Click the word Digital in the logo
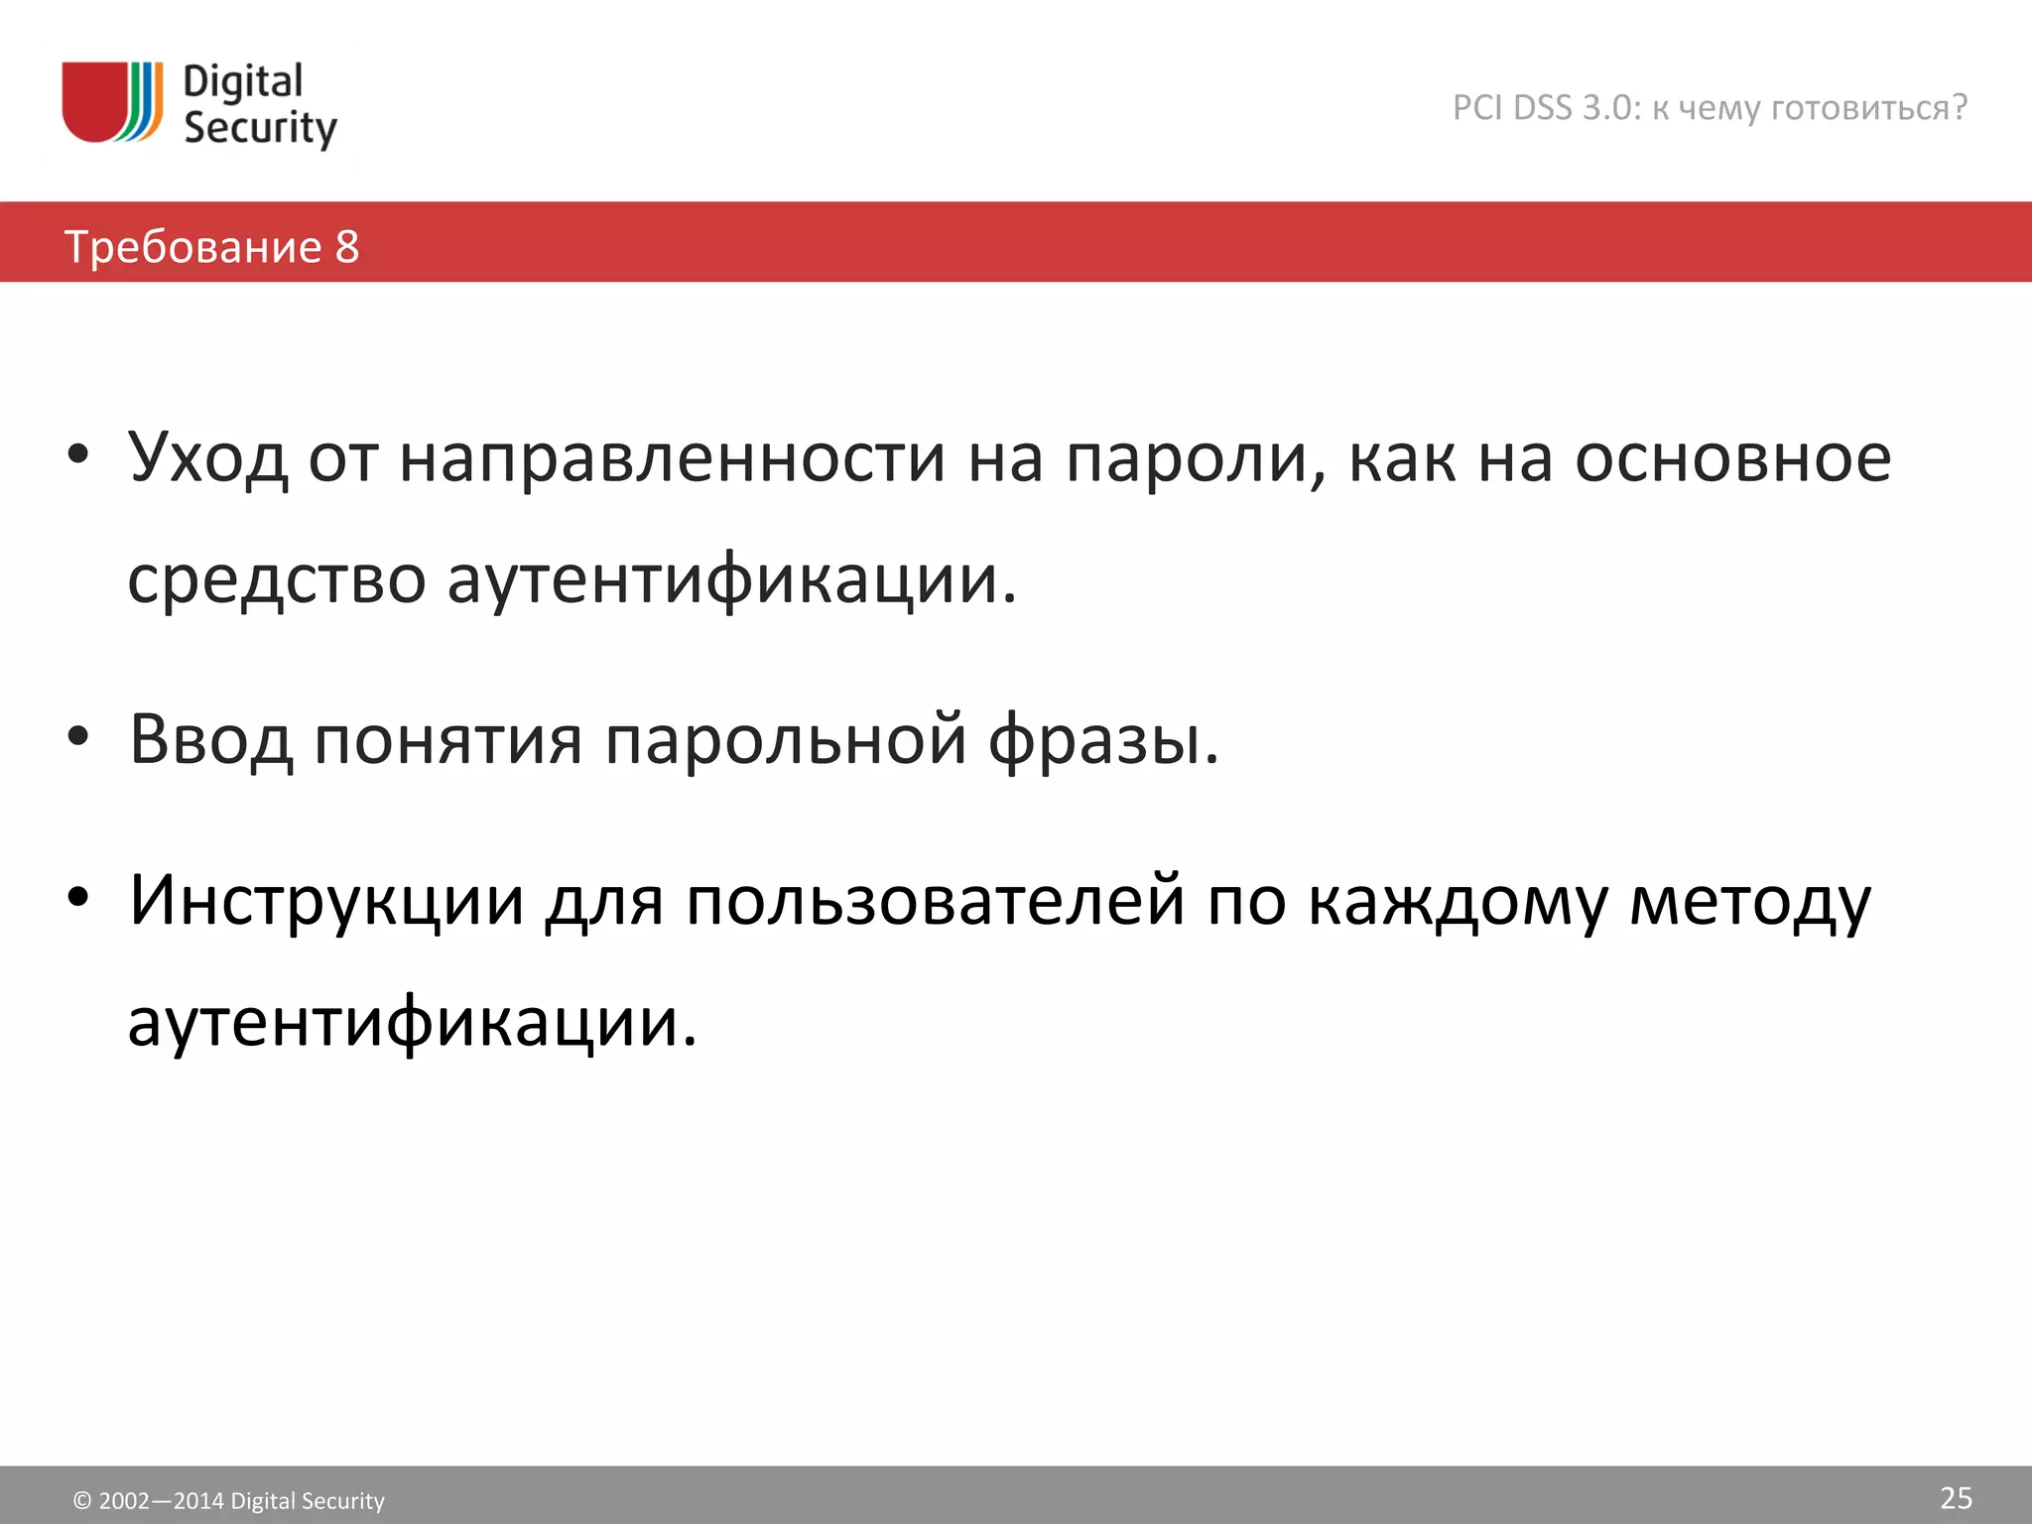(243, 81)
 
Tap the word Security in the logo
(260, 129)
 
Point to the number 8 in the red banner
(347, 247)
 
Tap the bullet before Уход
(78, 455)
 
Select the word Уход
(207, 458)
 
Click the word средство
(277, 579)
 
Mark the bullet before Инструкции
(78, 898)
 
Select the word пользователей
(935, 901)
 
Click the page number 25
(1956, 1497)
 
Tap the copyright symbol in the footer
(82, 1501)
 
